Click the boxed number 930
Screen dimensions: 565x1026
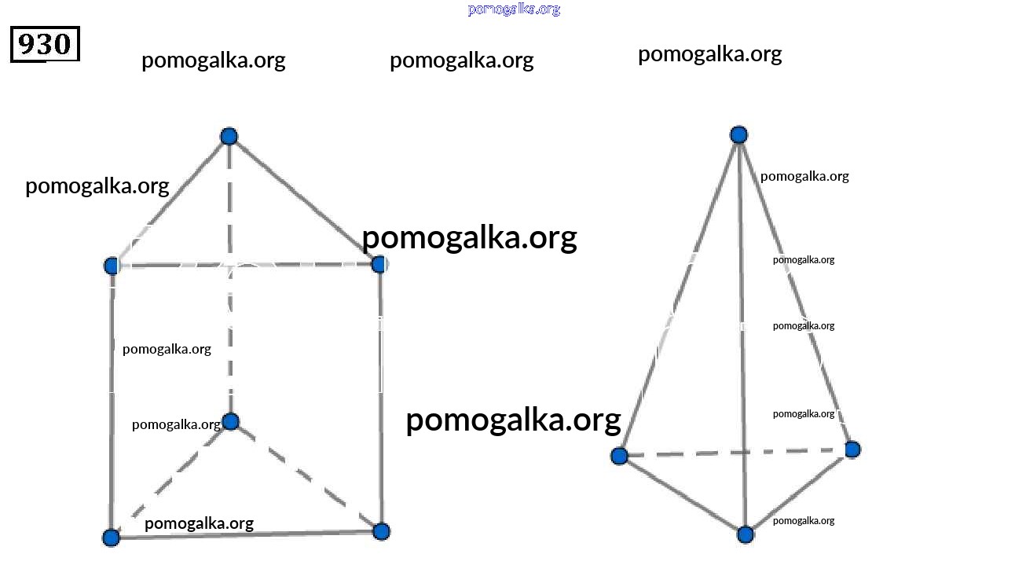(45, 44)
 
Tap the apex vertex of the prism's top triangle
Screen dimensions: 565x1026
(229, 137)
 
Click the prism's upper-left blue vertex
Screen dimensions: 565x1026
(112, 266)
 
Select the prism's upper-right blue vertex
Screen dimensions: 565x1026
(379, 264)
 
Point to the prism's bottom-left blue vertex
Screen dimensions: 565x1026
(112, 537)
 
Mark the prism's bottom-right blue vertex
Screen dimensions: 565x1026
(381, 531)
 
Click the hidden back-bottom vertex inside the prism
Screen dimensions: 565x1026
(230, 421)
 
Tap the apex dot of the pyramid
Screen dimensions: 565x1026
(738, 134)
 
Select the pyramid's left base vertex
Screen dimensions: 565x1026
(619, 456)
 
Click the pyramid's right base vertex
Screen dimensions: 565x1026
(852, 449)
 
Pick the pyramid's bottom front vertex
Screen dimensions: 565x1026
(746, 534)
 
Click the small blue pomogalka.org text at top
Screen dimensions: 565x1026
(514, 9)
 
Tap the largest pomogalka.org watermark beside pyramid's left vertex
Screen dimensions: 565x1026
(513, 420)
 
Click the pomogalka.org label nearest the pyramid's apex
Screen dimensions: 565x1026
(804, 176)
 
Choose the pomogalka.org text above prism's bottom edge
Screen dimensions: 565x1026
(199, 523)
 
